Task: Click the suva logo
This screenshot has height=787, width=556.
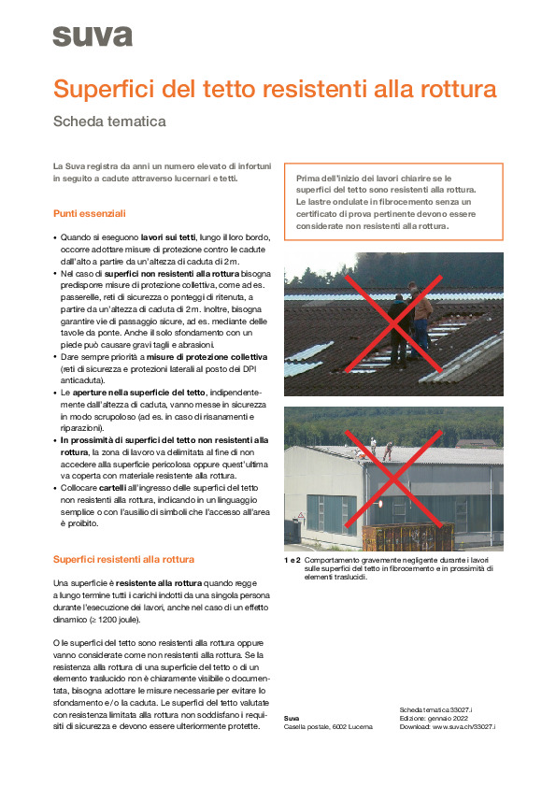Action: (x=93, y=36)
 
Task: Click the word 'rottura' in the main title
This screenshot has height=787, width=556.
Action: (x=458, y=89)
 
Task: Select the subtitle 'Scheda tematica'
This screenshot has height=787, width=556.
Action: (x=109, y=122)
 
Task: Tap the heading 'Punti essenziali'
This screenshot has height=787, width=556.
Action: (x=90, y=213)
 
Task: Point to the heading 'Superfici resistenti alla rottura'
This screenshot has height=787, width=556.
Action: (x=123, y=559)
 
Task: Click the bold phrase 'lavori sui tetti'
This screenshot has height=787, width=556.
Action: (x=168, y=237)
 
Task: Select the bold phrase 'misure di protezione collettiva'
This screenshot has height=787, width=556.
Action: (x=207, y=357)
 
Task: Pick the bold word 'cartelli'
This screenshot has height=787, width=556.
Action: (x=112, y=488)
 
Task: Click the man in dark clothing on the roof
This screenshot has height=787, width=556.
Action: (x=399, y=331)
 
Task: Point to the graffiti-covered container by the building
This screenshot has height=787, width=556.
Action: (x=407, y=537)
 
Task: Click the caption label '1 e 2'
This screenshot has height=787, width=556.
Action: (x=292, y=560)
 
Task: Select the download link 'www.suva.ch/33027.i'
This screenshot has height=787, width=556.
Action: (x=463, y=726)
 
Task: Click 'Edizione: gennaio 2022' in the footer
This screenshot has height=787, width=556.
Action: (x=434, y=718)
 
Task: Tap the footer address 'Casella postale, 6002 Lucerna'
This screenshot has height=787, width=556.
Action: (x=328, y=727)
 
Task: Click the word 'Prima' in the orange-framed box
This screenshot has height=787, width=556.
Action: (x=307, y=179)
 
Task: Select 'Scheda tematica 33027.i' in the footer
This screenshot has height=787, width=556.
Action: (x=435, y=709)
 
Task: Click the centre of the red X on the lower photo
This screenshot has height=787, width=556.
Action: (x=393, y=479)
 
